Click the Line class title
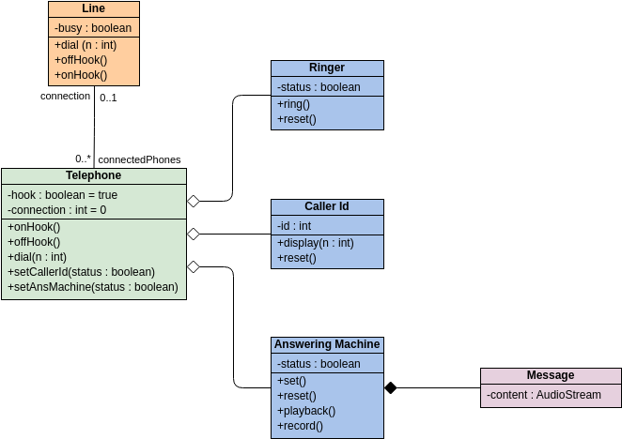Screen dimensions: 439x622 (93, 8)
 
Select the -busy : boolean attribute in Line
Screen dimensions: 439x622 (93, 29)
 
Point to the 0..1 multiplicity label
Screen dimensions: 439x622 (108, 97)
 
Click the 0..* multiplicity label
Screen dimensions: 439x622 (84, 159)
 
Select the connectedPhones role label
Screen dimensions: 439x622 (139, 159)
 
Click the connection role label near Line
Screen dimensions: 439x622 (65, 97)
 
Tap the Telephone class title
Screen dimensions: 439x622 (93, 175)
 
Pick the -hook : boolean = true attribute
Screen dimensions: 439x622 (63, 195)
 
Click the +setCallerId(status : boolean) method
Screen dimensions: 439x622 (81, 272)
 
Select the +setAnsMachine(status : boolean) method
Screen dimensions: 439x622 (92, 287)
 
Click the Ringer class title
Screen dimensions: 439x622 (327, 68)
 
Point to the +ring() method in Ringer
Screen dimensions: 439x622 (294, 104)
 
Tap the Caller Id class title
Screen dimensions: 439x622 (327, 206)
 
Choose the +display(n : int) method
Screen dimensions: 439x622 (315, 243)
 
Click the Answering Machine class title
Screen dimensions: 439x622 (327, 344)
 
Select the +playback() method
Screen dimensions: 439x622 (306, 411)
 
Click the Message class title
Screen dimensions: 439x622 (550, 375)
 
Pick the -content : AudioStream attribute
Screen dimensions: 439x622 (543, 395)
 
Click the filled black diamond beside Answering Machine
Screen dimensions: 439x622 (391, 387)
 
